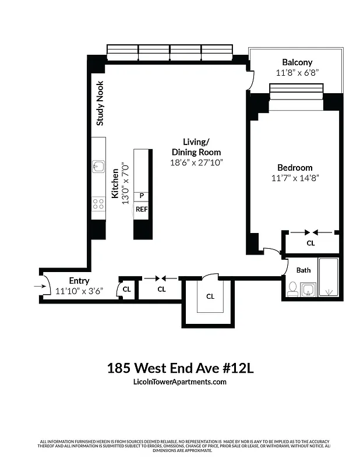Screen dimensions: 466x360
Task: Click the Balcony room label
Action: (297, 62)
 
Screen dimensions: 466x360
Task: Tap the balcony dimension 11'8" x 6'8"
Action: (297, 73)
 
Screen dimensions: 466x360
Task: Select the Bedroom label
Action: (295, 168)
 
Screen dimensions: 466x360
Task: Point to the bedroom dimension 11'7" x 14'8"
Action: (295, 178)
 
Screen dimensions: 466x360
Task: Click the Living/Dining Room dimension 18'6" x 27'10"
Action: (196, 163)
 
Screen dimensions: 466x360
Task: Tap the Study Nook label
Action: (100, 103)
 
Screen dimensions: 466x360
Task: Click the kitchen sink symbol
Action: (98, 167)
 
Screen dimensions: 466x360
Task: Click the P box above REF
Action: (142, 196)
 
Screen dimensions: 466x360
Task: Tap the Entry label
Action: (79, 281)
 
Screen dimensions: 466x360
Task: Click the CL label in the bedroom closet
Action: (310, 243)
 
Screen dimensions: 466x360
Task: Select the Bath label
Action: (303, 270)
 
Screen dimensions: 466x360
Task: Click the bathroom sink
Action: (308, 290)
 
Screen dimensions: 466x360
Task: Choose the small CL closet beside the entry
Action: (126, 289)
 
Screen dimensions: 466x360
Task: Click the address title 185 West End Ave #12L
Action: (180, 368)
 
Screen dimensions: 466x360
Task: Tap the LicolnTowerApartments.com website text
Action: (180, 382)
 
